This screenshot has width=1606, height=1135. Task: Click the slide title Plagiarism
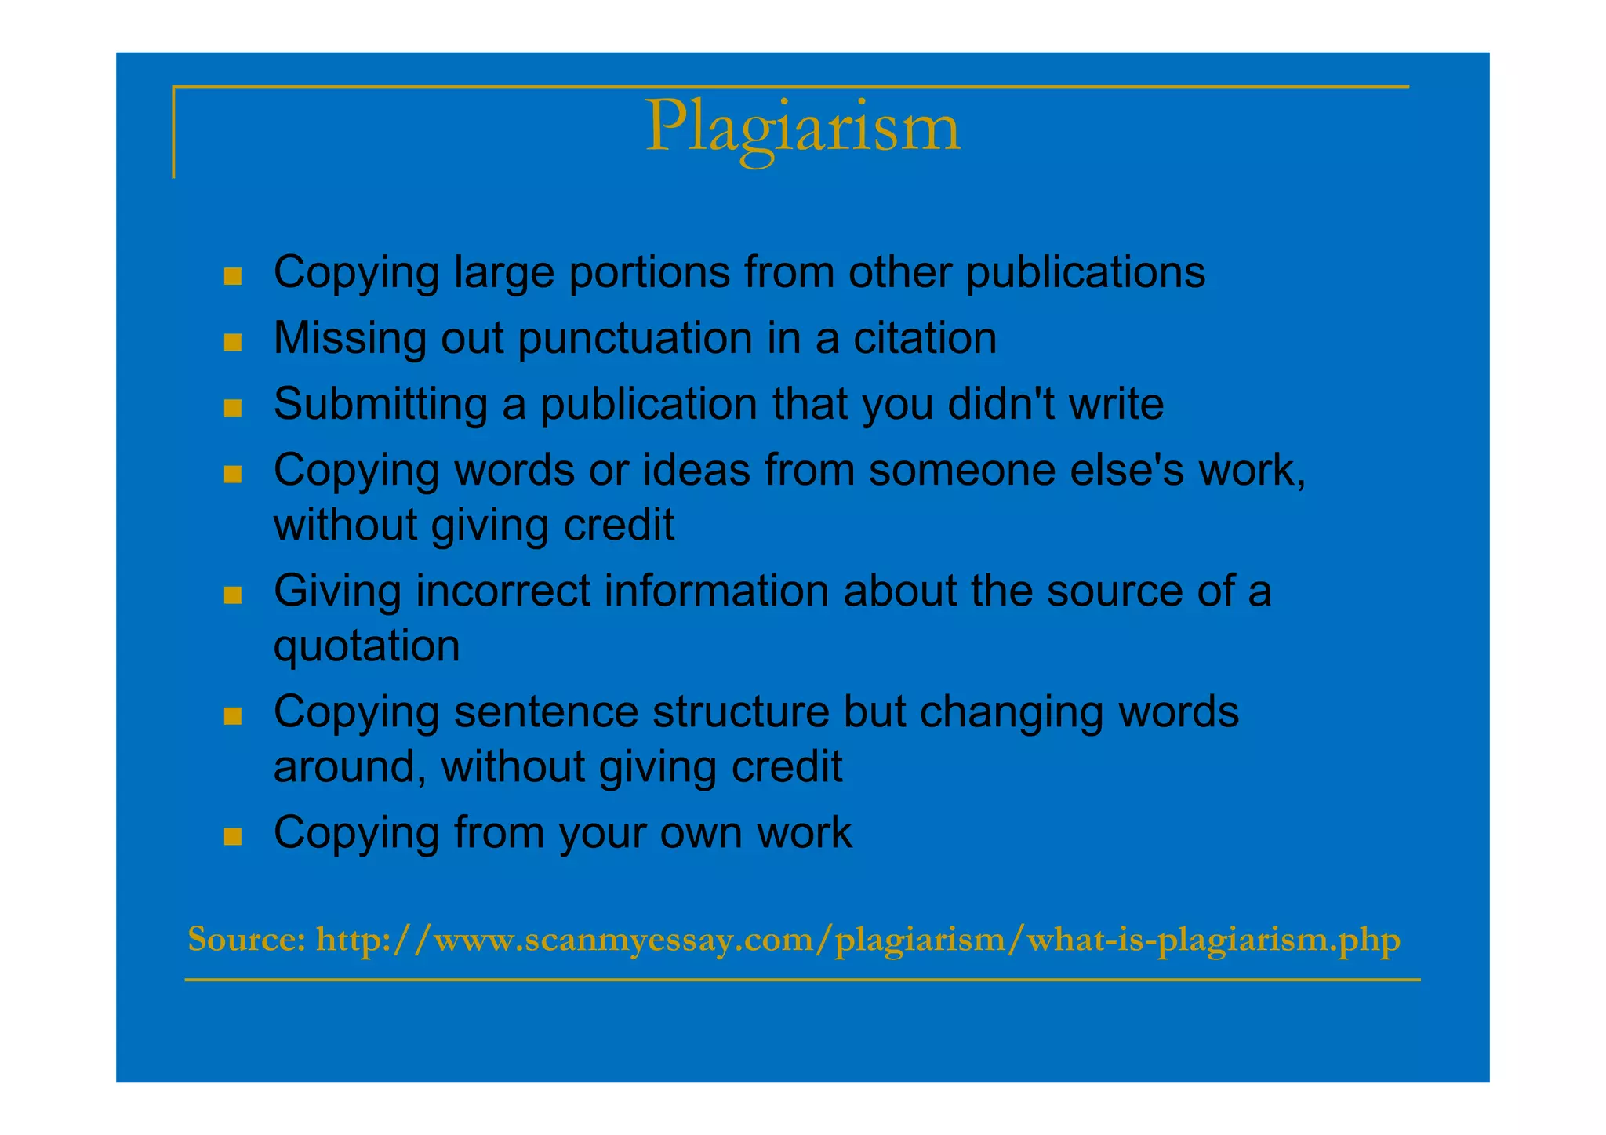pos(802,128)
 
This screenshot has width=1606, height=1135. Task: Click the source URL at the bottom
pos(858,940)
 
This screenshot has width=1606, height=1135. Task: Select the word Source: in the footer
pos(247,939)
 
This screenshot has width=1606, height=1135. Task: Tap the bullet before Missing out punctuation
pos(232,342)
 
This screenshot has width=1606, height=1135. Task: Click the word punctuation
pos(635,340)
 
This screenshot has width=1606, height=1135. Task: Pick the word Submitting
pos(380,405)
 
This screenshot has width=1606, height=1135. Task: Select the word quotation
pos(366,647)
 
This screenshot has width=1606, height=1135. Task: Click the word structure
pos(740,711)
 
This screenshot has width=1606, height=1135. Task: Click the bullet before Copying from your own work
pos(232,836)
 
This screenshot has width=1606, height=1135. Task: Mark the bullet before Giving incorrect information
pos(232,595)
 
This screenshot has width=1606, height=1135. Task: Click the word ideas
pos(696,470)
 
